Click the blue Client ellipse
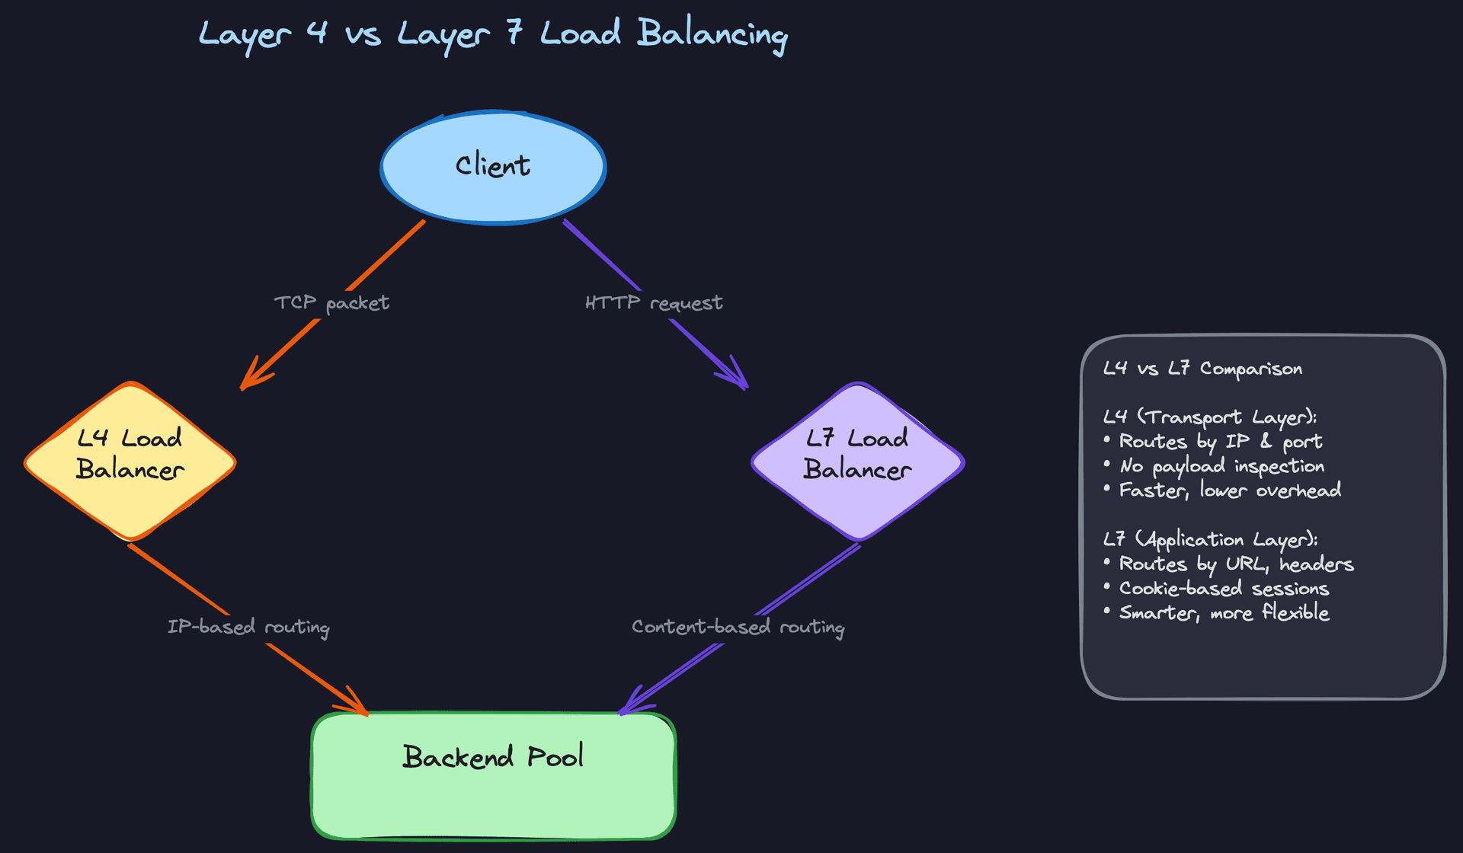493,167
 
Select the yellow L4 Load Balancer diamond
130,461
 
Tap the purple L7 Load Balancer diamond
858,461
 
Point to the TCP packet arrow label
331,303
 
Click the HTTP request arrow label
654,303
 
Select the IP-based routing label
248,627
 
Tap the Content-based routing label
738,627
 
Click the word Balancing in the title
712,34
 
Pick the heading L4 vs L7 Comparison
1202,369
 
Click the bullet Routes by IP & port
1219,442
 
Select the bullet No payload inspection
1221,466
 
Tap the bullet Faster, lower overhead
1229,490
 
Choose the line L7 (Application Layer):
1210,539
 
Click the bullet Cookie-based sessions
1223,589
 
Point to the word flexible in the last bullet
1295,612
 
